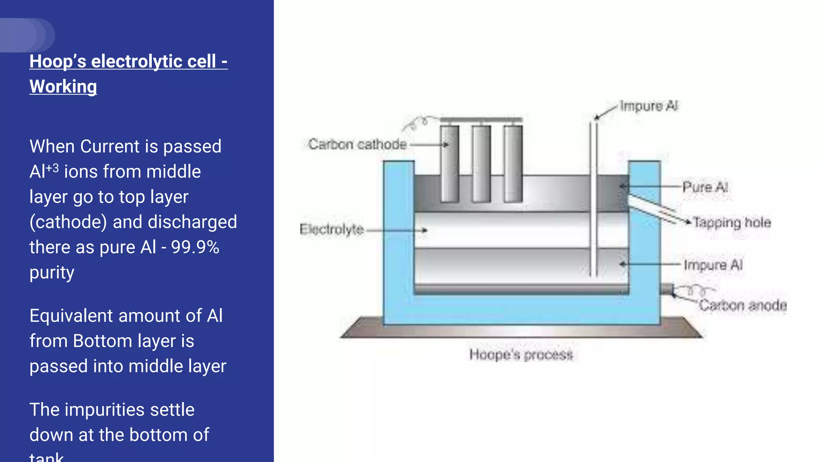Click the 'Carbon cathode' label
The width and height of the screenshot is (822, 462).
point(357,144)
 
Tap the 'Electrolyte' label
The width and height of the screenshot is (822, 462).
point(332,229)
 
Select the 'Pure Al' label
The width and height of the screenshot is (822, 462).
point(705,187)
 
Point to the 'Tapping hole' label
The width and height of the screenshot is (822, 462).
point(732,223)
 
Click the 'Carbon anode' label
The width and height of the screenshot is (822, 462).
point(743,306)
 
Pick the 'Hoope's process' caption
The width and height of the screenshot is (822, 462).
point(521,355)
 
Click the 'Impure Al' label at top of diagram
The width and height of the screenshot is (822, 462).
point(649,106)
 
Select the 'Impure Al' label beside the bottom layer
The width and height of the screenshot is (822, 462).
point(713,265)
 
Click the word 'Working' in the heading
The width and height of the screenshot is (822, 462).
point(63,87)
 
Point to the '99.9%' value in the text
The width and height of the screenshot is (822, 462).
point(195,247)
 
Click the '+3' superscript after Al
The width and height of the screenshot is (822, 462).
point(53,168)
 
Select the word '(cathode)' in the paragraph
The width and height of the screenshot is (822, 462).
point(68,222)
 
